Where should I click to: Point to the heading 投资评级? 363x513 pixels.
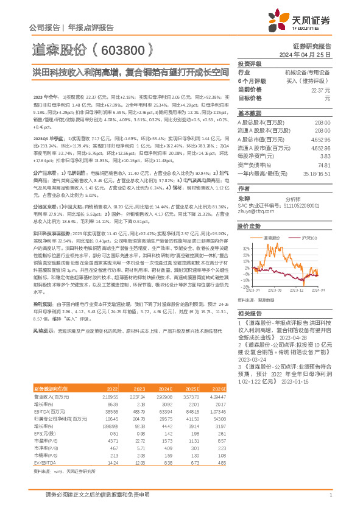[x=249, y=63]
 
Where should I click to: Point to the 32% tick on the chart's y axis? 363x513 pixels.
[x=245, y=248]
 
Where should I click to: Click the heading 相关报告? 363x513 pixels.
[x=249, y=311]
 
